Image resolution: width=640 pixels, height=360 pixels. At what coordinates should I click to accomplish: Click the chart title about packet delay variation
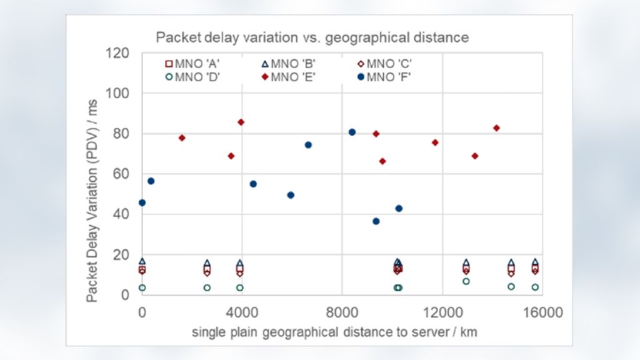312,37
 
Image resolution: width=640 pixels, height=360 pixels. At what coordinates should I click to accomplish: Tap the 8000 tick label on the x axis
342,311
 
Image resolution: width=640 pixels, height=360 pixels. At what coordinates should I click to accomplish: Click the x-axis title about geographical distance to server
334,332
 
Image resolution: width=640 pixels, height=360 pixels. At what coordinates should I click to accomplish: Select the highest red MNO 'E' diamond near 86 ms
241,122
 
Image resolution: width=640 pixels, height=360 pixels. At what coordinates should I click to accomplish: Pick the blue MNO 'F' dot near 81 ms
352,132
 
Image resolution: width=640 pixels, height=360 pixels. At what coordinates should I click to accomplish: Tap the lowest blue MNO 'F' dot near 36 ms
376,221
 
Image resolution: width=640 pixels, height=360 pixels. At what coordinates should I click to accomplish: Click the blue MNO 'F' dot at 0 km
142,202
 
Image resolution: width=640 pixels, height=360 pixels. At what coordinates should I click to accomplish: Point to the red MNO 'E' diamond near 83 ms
497,128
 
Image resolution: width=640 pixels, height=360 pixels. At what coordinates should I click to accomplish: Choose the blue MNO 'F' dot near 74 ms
308,145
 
